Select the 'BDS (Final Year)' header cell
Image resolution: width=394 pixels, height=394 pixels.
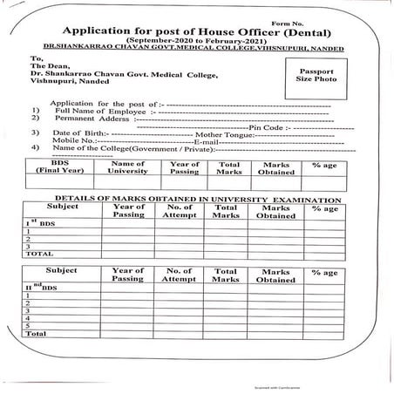tap(59, 168)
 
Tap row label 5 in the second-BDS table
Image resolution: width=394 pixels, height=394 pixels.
tap(31, 325)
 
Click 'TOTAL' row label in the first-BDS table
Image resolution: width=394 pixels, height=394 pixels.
tap(37, 254)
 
